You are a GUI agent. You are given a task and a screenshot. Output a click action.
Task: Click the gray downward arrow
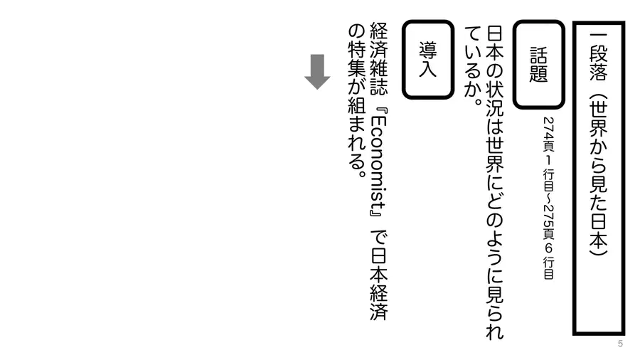[x=317, y=71]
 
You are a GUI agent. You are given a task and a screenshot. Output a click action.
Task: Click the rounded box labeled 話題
[x=539, y=65]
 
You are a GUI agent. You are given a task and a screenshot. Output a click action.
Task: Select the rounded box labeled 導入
[x=428, y=60]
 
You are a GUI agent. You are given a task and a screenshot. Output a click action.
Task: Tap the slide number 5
[x=620, y=344]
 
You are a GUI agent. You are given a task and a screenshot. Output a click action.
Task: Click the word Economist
[x=378, y=162]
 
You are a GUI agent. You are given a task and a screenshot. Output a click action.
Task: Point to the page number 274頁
[x=548, y=134]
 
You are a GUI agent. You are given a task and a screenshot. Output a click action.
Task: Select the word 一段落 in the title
[x=598, y=57]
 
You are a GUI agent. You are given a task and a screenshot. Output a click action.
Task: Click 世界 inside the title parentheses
[x=598, y=118]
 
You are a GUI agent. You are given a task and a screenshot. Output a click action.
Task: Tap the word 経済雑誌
[x=378, y=59]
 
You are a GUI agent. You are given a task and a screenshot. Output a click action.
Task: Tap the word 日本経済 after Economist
[x=378, y=284]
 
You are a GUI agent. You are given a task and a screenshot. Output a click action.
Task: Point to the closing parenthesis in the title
[x=598, y=248]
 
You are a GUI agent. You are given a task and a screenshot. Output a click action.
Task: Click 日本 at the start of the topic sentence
[x=495, y=44]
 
